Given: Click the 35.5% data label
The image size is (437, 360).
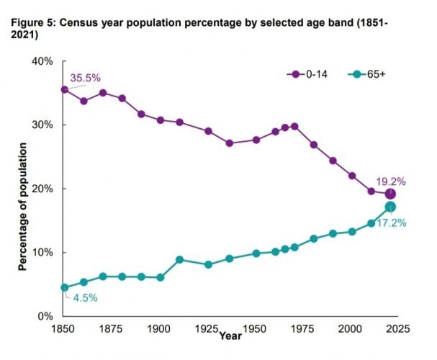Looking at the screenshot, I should (x=86, y=77).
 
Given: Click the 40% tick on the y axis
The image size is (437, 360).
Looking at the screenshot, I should (x=41, y=62).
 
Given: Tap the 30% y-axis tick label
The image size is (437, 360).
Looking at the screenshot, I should (x=41, y=125).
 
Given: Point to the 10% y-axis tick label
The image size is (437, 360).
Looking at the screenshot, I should (x=41, y=253).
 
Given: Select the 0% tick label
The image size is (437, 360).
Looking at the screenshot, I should (x=44, y=317).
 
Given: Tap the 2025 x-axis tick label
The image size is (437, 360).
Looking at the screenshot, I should (x=397, y=329).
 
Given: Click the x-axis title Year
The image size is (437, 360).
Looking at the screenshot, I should (x=230, y=336).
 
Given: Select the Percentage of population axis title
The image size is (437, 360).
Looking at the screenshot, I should (x=22, y=206).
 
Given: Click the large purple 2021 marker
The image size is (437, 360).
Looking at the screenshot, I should (x=390, y=194).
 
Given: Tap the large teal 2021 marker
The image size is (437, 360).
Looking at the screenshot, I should (x=390, y=207).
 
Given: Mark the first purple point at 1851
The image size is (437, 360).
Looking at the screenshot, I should (x=64, y=90).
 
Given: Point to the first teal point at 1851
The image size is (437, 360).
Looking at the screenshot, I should (x=64, y=287).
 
